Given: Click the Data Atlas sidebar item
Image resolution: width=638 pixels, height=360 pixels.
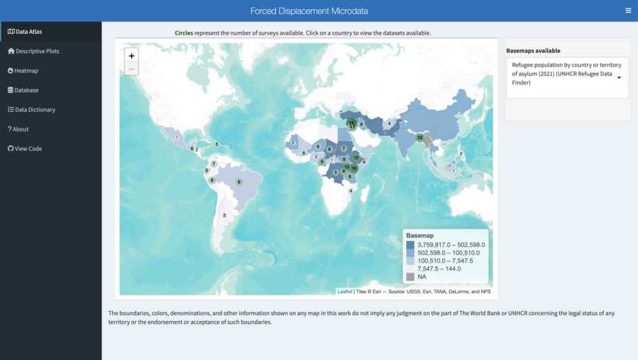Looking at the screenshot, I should pyautogui.click(x=29, y=31).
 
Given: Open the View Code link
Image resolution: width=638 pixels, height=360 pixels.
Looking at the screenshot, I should pyautogui.click(x=28, y=148).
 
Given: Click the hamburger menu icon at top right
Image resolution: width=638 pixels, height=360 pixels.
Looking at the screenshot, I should pyautogui.click(x=628, y=10).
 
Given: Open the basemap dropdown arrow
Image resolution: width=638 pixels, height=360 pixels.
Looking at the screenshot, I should pyautogui.click(x=619, y=78).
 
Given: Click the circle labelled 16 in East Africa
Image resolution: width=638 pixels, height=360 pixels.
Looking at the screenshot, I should pyautogui.click(x=354, y=168).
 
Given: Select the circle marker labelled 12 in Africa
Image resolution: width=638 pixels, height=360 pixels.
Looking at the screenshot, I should pyautogui.click(x=355, y=158).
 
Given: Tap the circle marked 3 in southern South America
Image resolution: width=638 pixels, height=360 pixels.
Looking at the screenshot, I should pyautogui.click(x=225, y=215).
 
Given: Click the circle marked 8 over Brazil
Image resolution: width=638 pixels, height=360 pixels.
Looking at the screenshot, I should pyautogui.click(x=239, y=182).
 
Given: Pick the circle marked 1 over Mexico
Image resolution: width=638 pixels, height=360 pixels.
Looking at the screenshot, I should pyautogui.click(x=176, y=137).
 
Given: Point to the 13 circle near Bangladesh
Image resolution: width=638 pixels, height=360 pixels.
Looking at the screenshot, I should pyautogui.click(x=420, y=137).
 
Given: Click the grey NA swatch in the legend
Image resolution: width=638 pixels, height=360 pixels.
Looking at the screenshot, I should pyautogui.click(x=410, y=277).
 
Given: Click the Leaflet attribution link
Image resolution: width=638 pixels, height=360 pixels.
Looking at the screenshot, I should pyautogui.click(x=344, y=292).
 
